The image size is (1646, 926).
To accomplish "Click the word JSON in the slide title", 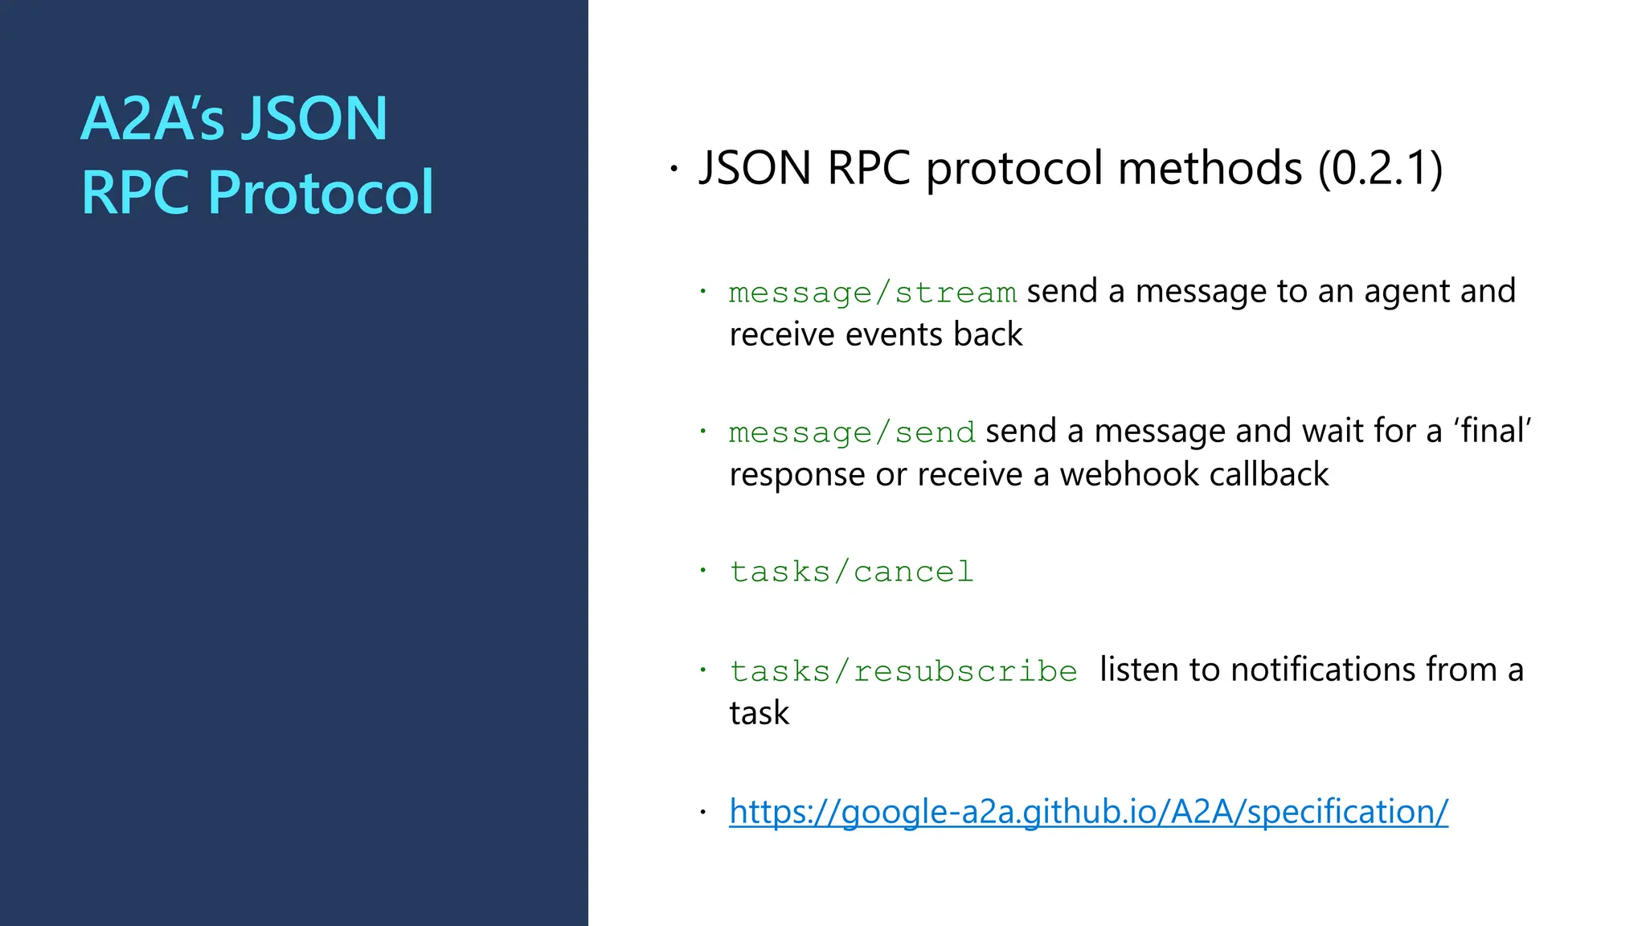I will [x=315, y=119].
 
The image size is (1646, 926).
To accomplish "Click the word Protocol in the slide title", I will [x=321, y=193].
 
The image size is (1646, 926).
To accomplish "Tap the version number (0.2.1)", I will [x=1380, y=169].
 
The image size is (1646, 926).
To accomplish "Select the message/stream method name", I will [x=872, y=293].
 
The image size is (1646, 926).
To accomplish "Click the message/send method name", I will [x=852, y=432].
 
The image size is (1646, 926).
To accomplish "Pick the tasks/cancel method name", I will [x=851, y=572].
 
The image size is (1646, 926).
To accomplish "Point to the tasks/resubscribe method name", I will [x=903, y=671].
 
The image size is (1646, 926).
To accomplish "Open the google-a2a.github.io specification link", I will [x=1088, y=812].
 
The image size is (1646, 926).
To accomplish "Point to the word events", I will [x=895, y=335].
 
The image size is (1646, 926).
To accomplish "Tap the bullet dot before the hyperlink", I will [x=702, y=812].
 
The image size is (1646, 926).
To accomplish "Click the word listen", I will [x=1137, y=670].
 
